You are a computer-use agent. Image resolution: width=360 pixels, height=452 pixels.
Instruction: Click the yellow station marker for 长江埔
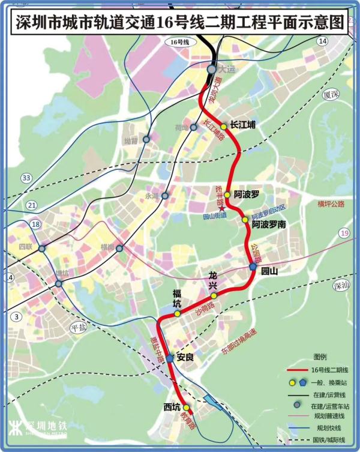223,127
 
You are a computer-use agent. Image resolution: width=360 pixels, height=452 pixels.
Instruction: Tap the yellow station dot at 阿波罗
227,195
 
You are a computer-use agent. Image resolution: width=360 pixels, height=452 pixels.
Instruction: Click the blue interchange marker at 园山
253,268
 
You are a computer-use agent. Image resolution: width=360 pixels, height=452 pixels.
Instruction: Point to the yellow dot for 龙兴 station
214,295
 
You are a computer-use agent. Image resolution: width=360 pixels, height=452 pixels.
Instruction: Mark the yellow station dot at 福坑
177,313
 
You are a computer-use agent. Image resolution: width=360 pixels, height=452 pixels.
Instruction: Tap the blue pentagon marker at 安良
170,358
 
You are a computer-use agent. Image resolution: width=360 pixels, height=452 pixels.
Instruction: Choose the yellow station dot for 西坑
187,407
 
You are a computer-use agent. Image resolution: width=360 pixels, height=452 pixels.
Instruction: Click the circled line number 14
323,41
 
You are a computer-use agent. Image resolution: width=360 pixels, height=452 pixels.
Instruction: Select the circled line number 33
26,178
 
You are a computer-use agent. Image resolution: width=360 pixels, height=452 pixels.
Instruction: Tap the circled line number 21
32,205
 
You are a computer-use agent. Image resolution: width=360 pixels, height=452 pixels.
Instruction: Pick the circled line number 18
36,224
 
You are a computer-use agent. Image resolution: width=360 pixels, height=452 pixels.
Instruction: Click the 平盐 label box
79,327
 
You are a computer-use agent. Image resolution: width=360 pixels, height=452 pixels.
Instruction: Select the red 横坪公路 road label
332,204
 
